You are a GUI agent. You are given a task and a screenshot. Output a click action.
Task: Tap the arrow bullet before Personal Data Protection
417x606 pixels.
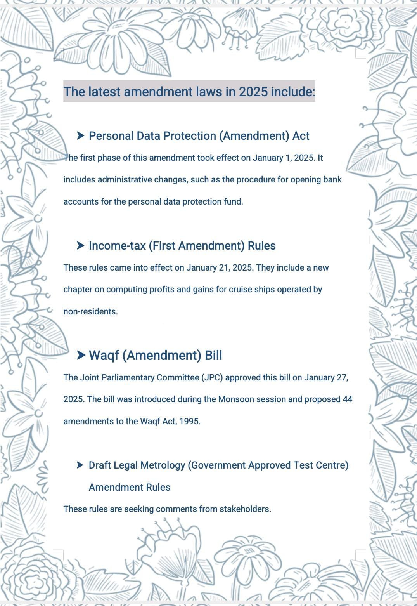tap(81, 135)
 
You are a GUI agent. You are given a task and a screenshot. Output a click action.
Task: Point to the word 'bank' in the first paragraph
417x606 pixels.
tap(332, 180)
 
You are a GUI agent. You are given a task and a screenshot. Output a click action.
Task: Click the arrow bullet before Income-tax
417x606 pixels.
tap(81, 245)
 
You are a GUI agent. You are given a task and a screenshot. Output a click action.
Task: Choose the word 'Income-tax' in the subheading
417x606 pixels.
tap(117, 246)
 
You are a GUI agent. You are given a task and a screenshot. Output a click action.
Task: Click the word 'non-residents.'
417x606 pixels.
tap(90, 312)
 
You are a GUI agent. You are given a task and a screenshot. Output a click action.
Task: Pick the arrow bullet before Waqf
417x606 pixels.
tap(81, 355)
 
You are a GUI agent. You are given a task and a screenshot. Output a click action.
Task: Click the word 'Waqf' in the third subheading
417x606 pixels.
tap(104, 356)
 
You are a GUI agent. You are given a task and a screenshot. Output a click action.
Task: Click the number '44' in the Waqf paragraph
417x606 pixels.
tap(347, 399)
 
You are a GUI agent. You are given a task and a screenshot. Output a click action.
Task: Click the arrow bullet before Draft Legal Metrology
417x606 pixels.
tap(80, 465)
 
